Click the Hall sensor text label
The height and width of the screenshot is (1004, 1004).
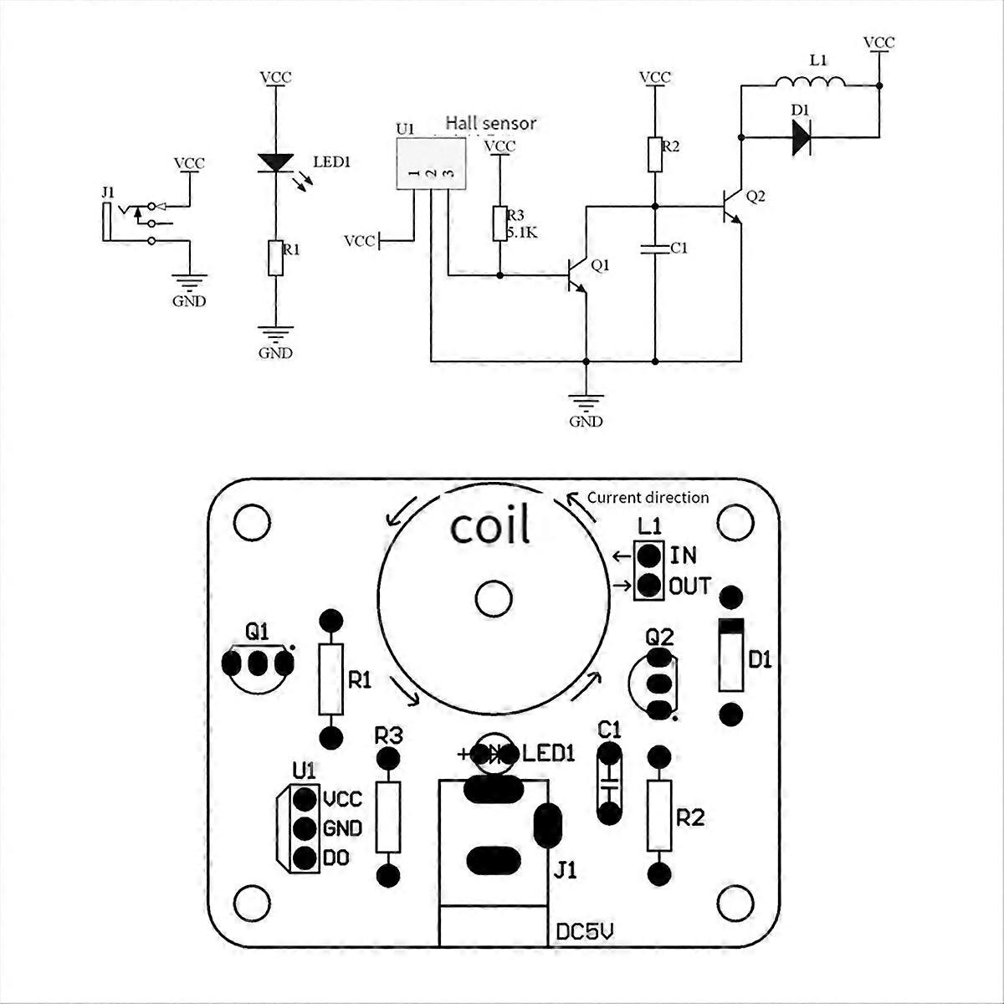pyautogui.click(x=491, y=124)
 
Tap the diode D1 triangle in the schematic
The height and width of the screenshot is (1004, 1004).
pyautogui.click(x=802, y=137)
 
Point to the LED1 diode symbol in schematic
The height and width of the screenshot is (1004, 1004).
pyautogui.click(x=276, y=163)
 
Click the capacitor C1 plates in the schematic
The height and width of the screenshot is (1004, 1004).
pyautogui.click(x=655, y=249)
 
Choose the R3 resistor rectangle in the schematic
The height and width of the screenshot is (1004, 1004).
pyautogui.click(x=499, y=223)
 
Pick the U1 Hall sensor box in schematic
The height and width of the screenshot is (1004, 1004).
pyautogui.click(x=431, y=164)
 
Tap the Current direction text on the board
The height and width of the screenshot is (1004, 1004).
pyautogui.click(x=648, y=498)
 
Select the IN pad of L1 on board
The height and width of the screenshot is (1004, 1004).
pyautogui.click(x=648, y=556)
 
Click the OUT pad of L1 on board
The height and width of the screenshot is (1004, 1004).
pyautogui.click(x=648, y=586)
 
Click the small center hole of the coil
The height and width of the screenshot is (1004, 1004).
pyautogui.click(x=493, y=599)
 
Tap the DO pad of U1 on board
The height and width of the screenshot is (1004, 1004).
pyautogui.click(x=305, y=858)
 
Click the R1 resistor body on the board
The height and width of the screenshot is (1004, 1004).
pyautogui.click(x=330, y=679)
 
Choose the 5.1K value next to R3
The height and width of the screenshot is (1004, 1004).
pyautogui.click(x=521, y=233)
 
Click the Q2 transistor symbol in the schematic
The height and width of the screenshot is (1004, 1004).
pyautogui.click(x=730, y=207)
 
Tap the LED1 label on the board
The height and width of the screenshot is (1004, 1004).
pyautogui.click(x=548, y=753)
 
